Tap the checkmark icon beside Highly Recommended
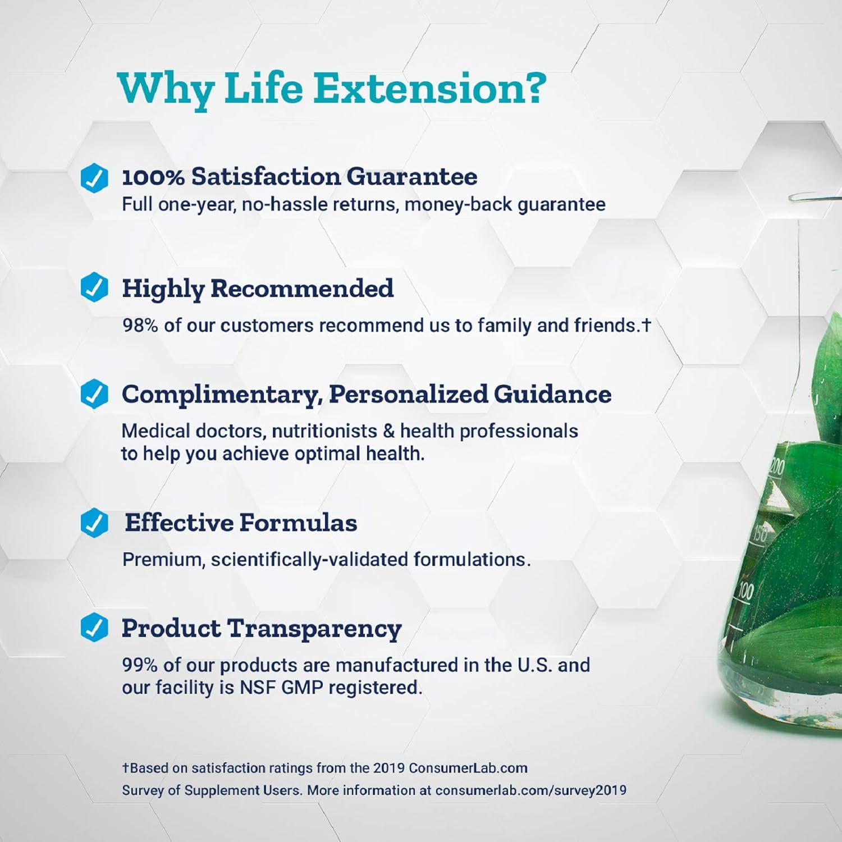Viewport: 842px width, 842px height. tap(94, 287)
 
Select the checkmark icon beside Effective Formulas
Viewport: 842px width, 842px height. tap(94, 523)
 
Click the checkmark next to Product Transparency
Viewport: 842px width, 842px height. tap(94, 628)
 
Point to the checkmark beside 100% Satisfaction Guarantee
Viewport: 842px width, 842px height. tap(94, 178)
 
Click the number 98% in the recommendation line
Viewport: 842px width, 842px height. tap(140, 326)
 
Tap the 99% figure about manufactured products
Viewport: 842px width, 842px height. tap(140, 665)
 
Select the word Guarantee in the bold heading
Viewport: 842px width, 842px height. tap(411, 177)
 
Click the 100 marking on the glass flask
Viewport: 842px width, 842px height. tap(745, 591)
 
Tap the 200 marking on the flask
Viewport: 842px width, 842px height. tap(777, 466)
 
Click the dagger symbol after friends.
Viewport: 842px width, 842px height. tap(646, 324)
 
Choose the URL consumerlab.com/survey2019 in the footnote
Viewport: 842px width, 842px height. tap(530, 790)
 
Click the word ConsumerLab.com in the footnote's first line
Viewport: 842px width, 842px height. tap(468, 768)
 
